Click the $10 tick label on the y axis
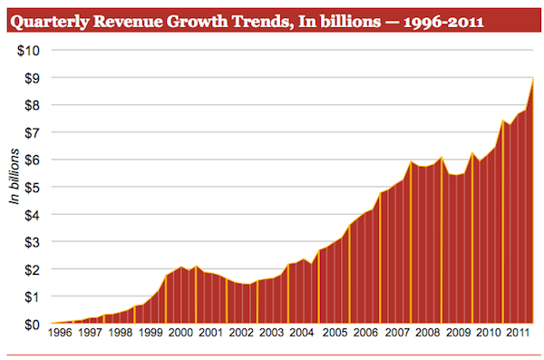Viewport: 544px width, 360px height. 27,49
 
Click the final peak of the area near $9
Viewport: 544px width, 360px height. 532,80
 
